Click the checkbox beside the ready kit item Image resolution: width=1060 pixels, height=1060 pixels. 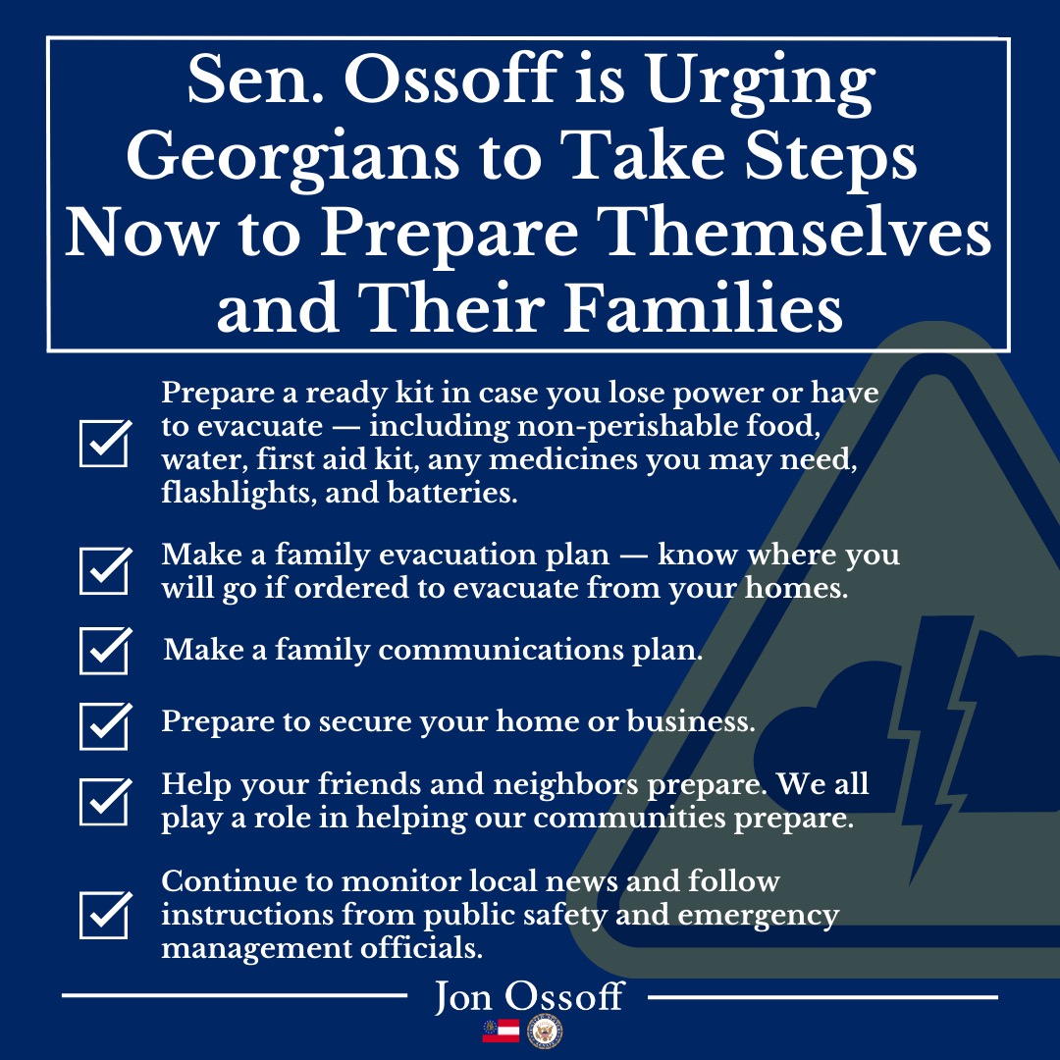point(105,444)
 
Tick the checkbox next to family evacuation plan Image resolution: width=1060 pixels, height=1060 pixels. point(105,570)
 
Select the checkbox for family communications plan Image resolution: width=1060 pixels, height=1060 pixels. point(105,651)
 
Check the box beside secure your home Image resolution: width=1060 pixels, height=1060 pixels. point(105,726)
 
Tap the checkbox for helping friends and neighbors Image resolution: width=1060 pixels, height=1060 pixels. point(105,802)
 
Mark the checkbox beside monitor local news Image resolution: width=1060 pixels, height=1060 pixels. point(105,915)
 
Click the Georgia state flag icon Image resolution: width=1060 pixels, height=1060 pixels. point(501,1031)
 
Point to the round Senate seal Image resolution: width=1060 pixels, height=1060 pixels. point(545,1032)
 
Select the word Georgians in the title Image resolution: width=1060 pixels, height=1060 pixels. point(292,160)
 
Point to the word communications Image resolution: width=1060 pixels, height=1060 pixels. point(501,650)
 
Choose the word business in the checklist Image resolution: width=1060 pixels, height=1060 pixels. point(691,720)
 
